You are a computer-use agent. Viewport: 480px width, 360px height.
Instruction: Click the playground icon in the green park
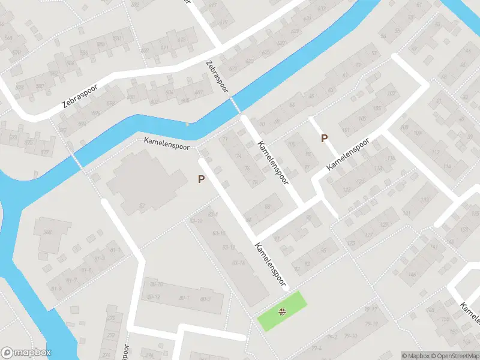(x=282, y=311)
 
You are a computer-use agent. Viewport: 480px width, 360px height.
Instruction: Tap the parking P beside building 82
(x=202, y=179)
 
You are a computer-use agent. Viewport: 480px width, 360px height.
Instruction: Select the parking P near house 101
(x=324, y=138)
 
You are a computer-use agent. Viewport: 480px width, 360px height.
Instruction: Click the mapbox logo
(x=26, y=353)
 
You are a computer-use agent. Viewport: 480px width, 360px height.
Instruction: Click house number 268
(x=47, y=233)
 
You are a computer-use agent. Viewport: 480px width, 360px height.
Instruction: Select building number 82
(x=142, y=206)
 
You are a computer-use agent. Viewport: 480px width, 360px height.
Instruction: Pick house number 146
(x=412, y=274)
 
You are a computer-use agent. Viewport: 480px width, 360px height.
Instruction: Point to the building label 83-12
(x=229, y=247)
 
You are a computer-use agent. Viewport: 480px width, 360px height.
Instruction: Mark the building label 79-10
(x=351, y=335)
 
